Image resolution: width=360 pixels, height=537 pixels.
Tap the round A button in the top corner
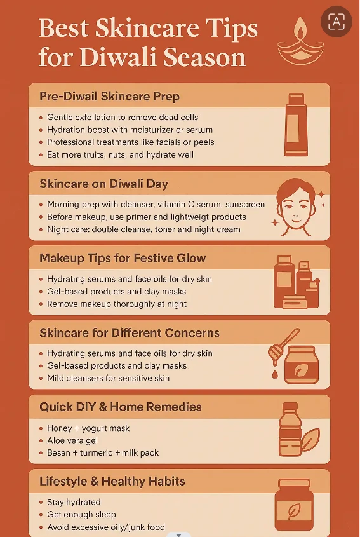tap(335, 22)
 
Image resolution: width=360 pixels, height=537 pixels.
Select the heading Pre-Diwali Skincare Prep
tap(109, 97)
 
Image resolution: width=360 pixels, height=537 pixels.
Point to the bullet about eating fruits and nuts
tap(121, 154)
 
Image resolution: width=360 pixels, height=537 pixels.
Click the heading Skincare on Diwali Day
tap(104, 184)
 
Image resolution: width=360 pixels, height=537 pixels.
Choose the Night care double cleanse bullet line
tap(143, 229)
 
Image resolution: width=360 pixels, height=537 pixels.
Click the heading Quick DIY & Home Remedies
tap(121, 407)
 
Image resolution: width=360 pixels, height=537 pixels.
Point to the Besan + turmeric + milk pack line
tap(103, 452)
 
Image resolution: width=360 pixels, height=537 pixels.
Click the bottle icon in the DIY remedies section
tap(290, 431)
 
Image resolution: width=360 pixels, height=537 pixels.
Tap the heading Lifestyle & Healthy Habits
tap(112, 481)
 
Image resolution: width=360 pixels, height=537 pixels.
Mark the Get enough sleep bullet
tap(81, 515)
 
